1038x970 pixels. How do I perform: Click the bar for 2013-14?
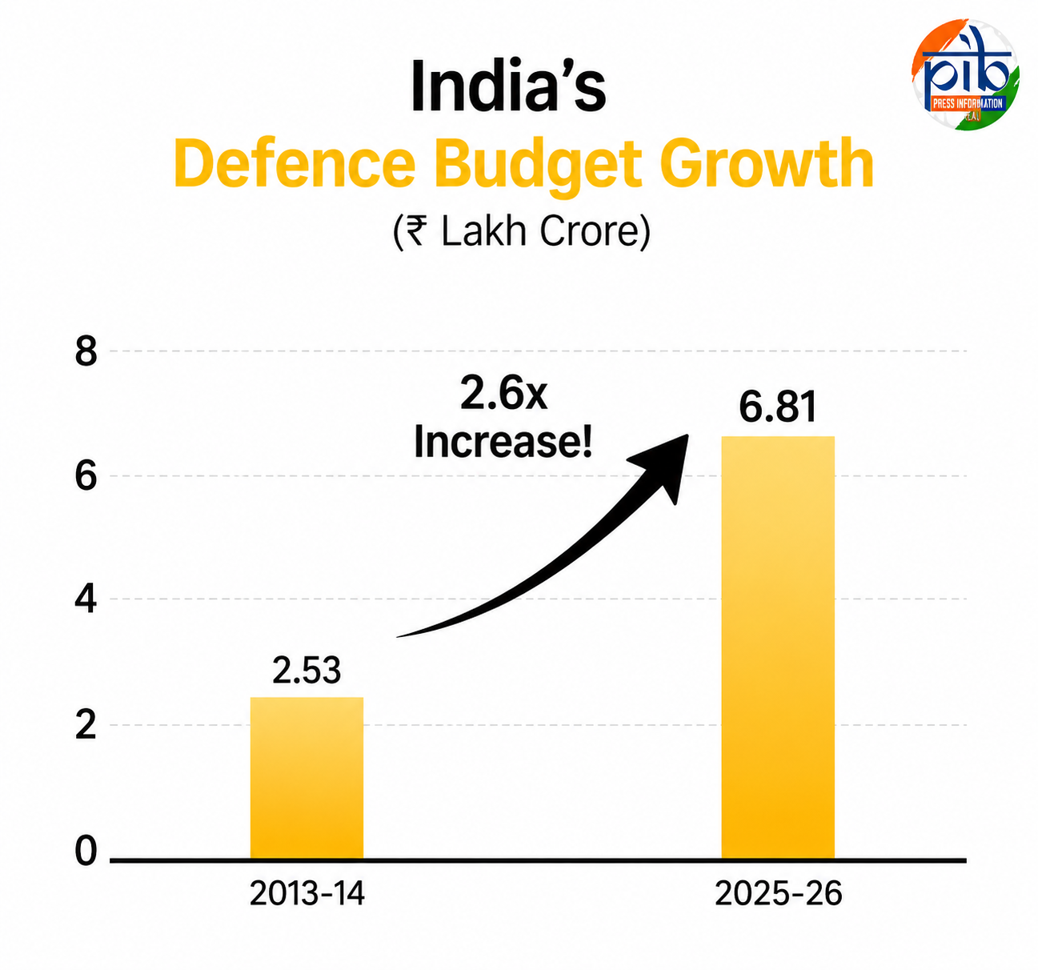pyautogui.click(x=307, y=778)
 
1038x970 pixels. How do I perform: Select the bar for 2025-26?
pyautogui.click(x=778, y=647)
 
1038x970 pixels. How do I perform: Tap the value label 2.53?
pyautogui.click(x=307, y=671)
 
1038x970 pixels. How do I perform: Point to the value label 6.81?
pyautogui.click(x=778, y=407)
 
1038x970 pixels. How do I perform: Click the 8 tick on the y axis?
pyautogui.click(x=86, y=351)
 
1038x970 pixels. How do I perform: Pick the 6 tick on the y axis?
pyautogui.click(x=86, y=476)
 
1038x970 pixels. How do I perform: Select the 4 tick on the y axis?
pyautogui.click(x=86, y=599)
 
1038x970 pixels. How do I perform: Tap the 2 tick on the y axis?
pyautogui.click(x=86, y=726)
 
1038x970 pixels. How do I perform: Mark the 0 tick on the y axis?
pyautogui.click(x=86, y=852)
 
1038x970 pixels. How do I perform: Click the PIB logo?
pyautogui.click(x=965, y=74)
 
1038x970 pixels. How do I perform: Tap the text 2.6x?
pyautogui.click(x=503, y=395)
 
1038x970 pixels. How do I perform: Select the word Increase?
pyautogui.click(x=503, y=443)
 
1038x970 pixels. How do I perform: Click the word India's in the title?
pyautogui.click(x=508, y=86)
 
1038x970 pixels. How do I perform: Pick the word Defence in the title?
pyautogui.click(x=295, y=163)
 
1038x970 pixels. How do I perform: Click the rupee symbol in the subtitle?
pyautogui.click(x=416, y=232)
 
